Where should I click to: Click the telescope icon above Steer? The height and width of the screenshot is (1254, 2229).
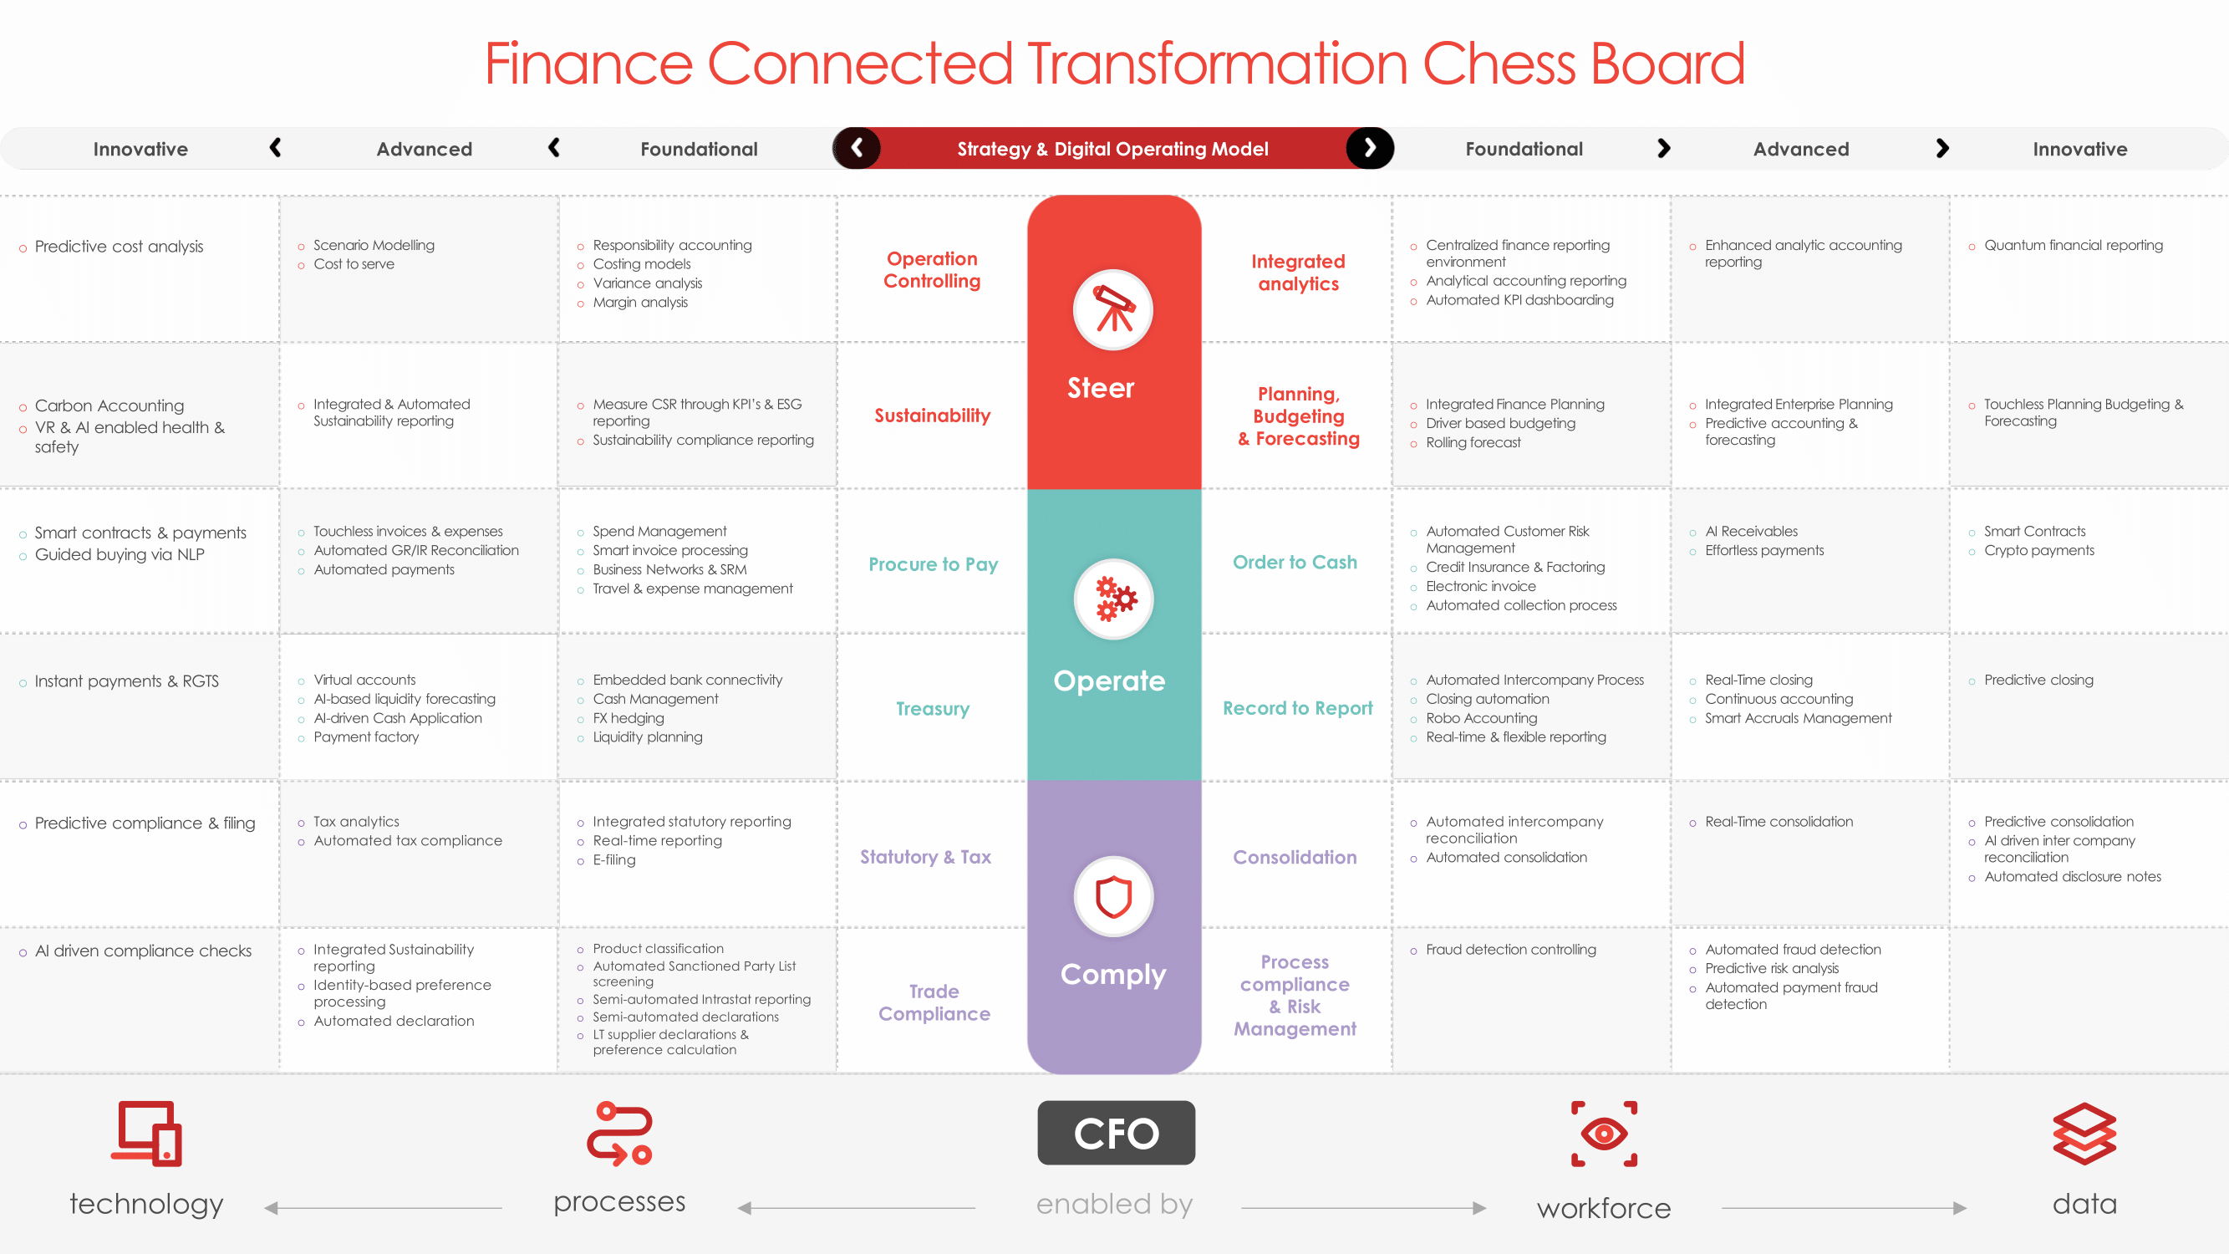pyautogui.click(x=1113, y=310)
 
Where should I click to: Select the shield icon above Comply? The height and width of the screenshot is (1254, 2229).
pyautogui.click(x=1113, y=896)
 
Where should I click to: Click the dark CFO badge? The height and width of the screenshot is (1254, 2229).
pyautogui.click(x=1117, y=1133)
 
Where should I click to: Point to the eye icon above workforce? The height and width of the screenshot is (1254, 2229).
pyautogui.click(x=1604, y=1134)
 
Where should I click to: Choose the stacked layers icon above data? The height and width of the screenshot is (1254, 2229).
pyautogui.click(x=2084, y=1134)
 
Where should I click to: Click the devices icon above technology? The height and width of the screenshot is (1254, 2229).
pyautogui.click(x=146, y=1134)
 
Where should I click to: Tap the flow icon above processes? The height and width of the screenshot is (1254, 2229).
pyautogui.click(x=619, y=1134)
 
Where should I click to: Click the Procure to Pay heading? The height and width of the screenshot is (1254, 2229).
pyautogui.click(x=933, y=564)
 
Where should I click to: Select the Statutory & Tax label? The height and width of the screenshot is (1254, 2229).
pyautogui.click(x=925, y=857)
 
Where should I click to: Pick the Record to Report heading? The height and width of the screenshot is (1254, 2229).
pyautogui.click(x=1297, y=708)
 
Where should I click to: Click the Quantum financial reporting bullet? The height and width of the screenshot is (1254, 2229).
pyautogui.click(x=2074, y=246)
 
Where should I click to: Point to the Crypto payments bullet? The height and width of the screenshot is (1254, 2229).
pyautogui.click(x=2038, y=550)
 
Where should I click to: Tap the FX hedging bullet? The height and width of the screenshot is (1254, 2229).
pyautogui.click(x=628, y=718)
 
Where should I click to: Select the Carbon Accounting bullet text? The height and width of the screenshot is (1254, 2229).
pyautogui.click(x=109, y=406)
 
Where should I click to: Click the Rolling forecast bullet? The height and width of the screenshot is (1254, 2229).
pyautogui.click(x=1473, y=442)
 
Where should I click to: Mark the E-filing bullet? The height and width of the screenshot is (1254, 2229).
pyautogui.click(x=613, y=860)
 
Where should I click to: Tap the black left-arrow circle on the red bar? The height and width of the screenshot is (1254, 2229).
pyautogui.click(x=857, y=148)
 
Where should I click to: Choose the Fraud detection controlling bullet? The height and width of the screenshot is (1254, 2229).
pyautogui.click(x=1511, y=950)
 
